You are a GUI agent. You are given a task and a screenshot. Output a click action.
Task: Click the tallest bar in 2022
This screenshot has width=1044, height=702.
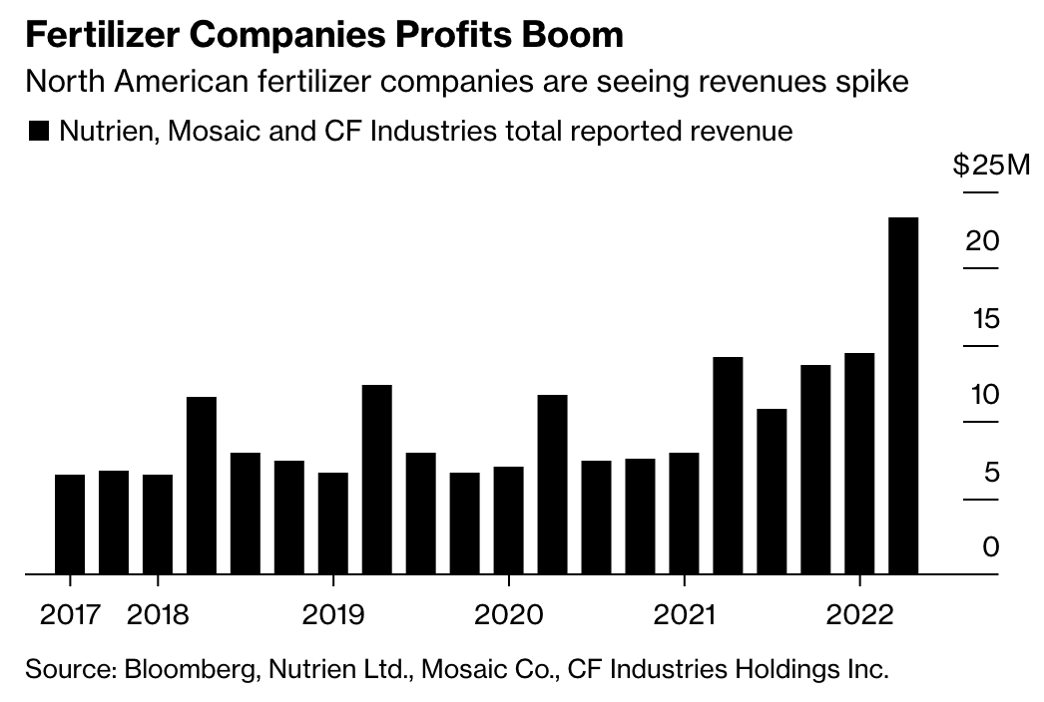click(x=903, y=395)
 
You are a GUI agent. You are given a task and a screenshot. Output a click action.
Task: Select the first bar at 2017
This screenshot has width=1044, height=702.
click(x=70, y=524)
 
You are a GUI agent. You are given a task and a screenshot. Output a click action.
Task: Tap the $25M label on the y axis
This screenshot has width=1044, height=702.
click(x=990, y=166)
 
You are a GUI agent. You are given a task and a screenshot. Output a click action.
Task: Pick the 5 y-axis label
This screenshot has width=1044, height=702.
click(x=991, y=471)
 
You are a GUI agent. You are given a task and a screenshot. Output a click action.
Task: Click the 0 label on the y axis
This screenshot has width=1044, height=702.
click(x=990, y=546)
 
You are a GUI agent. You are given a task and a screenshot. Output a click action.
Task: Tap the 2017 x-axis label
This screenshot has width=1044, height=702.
click(x=70, y=613)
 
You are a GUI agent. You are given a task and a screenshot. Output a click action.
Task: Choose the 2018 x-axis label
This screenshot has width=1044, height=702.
click(x=158, y=613)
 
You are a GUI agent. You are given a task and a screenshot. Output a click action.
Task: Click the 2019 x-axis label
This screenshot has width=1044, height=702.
click(x=333, y=613)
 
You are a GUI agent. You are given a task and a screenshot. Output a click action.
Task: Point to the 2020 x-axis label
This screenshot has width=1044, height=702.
click(x=509, y=613)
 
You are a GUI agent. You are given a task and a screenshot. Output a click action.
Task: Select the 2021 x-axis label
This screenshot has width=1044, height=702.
click(x=685, y=613)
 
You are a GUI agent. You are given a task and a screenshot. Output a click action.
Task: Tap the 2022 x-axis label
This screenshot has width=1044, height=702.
click(x=859, y=613)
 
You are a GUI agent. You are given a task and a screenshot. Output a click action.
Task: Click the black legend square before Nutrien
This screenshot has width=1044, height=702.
click(x=39, y=132)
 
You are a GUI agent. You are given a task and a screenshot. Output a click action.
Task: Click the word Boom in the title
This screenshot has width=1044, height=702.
click(x=577, y=35)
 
